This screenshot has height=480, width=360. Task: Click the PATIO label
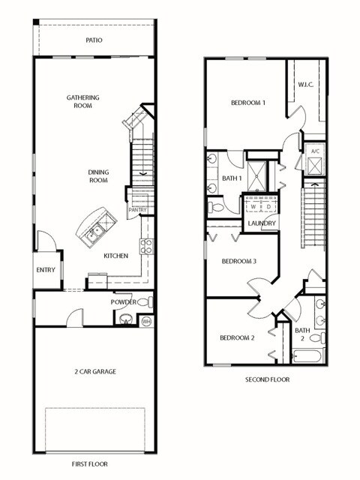pyautogui.click(x=94, y=40)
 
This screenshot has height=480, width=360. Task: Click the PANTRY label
pyautogui.click(x=137, y=210)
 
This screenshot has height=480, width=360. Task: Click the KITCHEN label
pyautogui.click(x=115, y=256)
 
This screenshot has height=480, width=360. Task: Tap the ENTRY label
pyautogui.click(x=46, y=271)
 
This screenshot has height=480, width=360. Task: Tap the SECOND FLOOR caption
pyautogui.click(x=267, y=379)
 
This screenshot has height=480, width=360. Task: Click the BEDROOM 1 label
pyautogui.click(x=247, y=103)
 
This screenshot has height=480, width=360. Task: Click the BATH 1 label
pyautogui.click(x=232, y=178)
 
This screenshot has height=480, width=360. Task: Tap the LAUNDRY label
pyautogui.click(x=262, y=223)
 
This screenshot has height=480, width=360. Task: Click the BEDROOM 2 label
pyautogui.click(x=237, y=337)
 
